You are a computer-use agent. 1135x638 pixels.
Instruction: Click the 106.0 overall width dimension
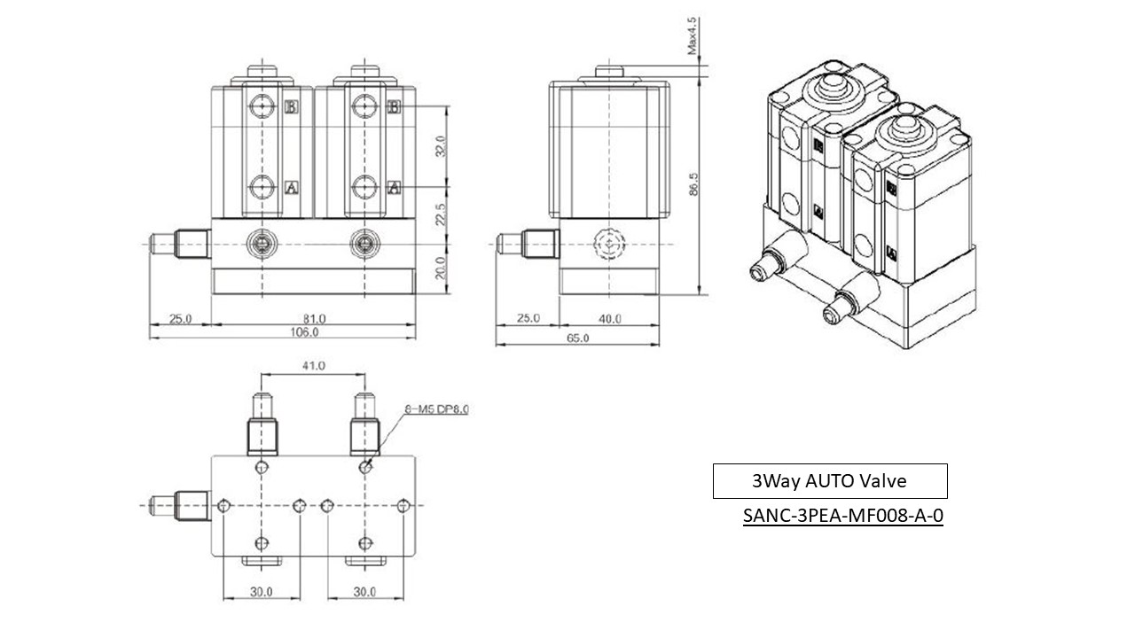304,332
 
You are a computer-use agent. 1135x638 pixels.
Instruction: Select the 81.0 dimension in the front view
315,318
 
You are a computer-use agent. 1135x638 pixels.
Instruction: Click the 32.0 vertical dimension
440,146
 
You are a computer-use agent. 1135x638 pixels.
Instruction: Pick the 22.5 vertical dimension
440,214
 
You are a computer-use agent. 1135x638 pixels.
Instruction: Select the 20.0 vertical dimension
440,267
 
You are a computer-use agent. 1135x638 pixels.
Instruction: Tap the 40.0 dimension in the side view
610,318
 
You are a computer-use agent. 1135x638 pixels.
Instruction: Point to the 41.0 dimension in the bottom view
314,365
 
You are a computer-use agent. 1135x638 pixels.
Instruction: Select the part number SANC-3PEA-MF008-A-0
842,516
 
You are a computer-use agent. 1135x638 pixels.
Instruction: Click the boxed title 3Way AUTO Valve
829,481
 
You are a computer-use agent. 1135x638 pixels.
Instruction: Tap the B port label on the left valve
291,107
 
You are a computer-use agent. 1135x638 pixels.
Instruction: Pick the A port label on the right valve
395,187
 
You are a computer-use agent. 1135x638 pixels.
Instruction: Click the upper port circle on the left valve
261,107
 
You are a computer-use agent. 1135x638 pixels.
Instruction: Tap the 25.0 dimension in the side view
527,318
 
